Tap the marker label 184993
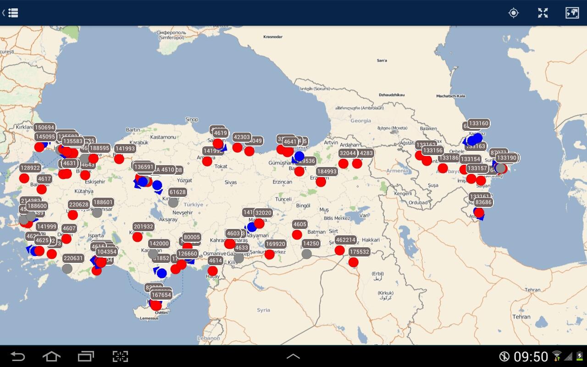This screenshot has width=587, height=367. click(327, 172)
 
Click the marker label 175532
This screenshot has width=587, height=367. click(359, 252)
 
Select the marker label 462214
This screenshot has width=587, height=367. click(345, 240)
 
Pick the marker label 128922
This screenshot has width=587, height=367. click(30, 168)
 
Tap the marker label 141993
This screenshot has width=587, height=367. click(125, 149)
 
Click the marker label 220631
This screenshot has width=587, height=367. click(73, 258)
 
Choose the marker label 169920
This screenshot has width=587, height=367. click(275, 244)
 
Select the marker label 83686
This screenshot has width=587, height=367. click(483, 202)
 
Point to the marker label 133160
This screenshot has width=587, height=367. click(479, 123)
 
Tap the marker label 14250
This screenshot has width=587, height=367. click(311, 244)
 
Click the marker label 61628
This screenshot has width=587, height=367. click(177, 192)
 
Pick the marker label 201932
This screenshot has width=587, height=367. click(144, 227)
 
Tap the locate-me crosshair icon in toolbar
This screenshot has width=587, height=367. click(514, 13)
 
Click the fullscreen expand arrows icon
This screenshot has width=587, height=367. click(543, 13)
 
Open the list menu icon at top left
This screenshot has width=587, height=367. click(13, 13)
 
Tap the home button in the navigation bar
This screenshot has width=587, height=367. click(51, 356)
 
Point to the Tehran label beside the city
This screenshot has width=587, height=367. click(521, 317)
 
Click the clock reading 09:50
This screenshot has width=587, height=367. click(531, 356)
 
